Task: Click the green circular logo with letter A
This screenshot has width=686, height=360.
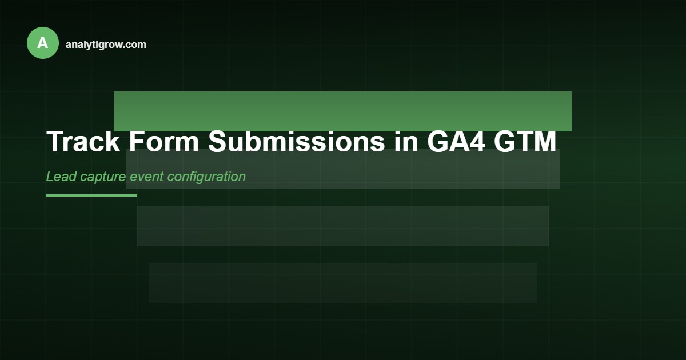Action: (43, 43)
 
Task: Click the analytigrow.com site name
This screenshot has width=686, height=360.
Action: (106, 45)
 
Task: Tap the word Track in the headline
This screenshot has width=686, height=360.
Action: (83, 142)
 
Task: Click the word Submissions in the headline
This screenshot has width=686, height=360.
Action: (296, 142)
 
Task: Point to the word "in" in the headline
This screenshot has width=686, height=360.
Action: (406, 142)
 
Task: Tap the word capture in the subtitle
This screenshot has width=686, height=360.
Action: (103, 177)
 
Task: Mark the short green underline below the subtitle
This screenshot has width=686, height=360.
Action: (91, 195)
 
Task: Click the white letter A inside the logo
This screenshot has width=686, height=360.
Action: (43, 43)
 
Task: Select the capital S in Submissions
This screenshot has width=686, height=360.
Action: (218, 142)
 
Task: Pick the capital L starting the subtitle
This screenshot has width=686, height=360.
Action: (50, 177)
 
